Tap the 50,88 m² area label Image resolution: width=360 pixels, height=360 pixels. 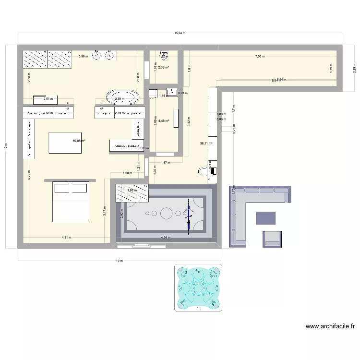[x=79, y=141]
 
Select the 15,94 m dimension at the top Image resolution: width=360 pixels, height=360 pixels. [x=180, y=33]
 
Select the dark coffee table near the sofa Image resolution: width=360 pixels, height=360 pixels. [x=266, y=218]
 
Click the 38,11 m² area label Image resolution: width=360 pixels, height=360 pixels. [x=206, y=143]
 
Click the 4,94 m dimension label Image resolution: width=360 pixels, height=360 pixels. [x=166, y=237]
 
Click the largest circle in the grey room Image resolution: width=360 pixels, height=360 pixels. [x=167, y=212]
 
